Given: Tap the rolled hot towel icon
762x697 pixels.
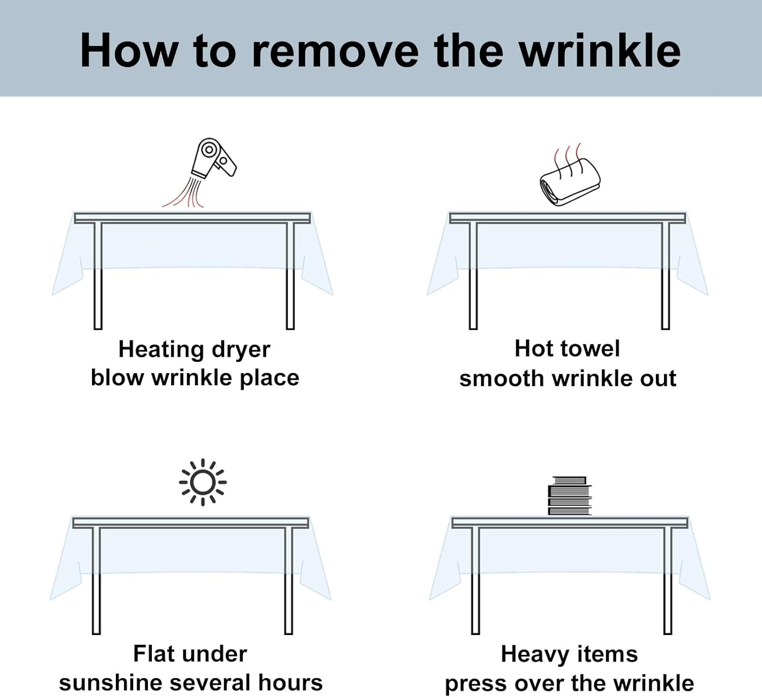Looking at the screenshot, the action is [x=570, y=183].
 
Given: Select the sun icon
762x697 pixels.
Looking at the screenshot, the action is [x=203, y=482].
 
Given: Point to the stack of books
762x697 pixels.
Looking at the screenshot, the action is [x=570, y=495].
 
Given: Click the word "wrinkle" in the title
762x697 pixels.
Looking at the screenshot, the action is [x=600, y=51].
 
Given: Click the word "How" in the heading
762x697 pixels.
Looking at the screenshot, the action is [x=129, y=51].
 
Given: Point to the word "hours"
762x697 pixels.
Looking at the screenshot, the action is [x=291, y=683].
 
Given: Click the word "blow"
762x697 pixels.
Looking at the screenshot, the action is [x=117, y=378].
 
